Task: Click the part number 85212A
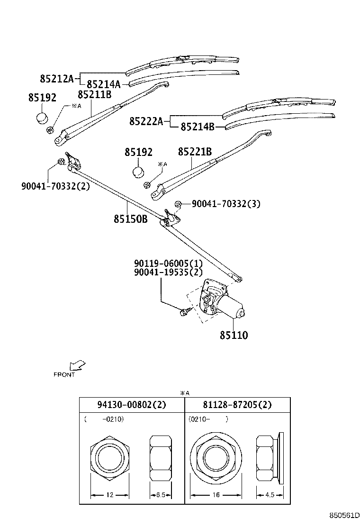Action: tap(57, 78)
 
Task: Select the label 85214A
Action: tap(103, 84)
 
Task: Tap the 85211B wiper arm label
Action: tap(94, 94)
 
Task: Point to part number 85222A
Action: tap(146, 121)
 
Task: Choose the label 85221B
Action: tap(195, 152)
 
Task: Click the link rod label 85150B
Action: tap(130, 218)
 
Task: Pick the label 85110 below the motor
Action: tap(234, 335)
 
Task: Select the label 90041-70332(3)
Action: tap(226, 204)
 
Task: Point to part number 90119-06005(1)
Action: tap(168, 263)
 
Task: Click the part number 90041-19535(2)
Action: tap(168, 272)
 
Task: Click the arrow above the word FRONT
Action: tap(77, 365)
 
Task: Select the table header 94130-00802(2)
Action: tap(131, 405)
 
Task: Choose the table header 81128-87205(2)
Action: tap(237, 405)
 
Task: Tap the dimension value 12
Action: tap(109, 495)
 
